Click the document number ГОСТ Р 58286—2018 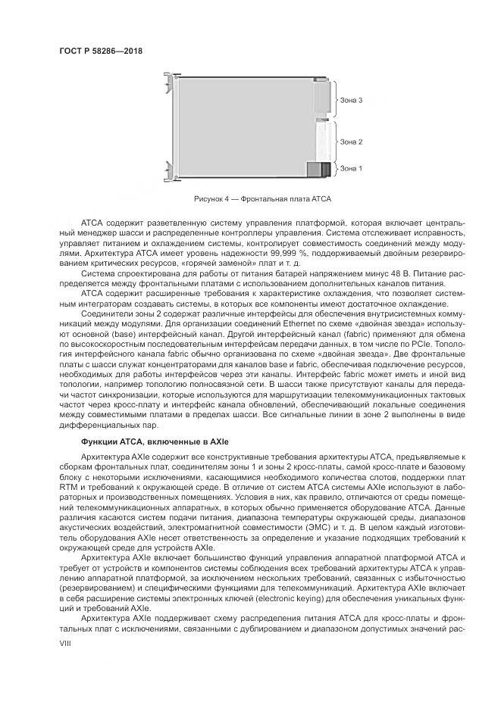pos(100,51)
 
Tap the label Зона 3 pos(351,100)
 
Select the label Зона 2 pos(351,142)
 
